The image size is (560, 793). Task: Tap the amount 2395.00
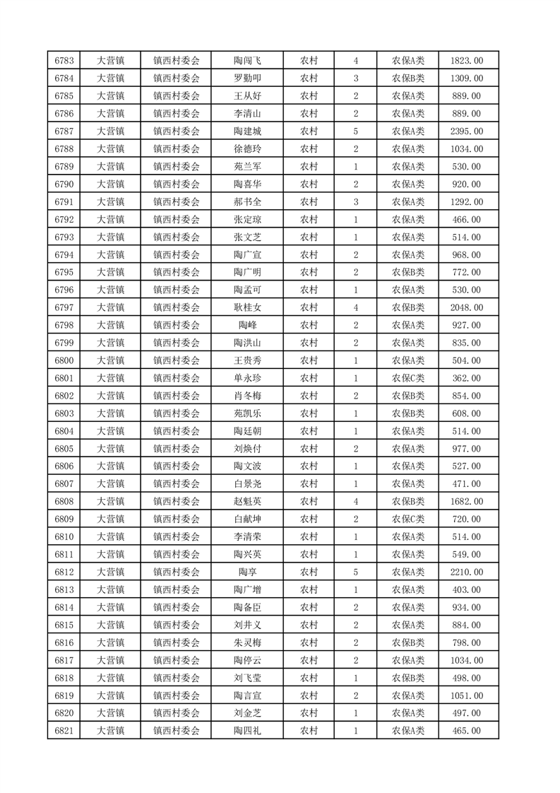pos(467,131)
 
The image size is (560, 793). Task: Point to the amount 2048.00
pos(467,307)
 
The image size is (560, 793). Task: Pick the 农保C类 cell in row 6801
pos(407,378)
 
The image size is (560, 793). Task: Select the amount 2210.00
pos(467,572)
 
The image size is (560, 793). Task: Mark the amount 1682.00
pos(467,501)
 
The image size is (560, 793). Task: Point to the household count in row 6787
pos(355,131)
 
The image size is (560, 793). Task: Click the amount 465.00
pos(467,731)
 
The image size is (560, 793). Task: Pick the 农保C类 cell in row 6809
pos(407,519)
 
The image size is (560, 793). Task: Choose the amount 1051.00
pos(467,695)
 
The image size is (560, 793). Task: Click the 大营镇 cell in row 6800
pos(110,360)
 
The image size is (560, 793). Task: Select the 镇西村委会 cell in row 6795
pos(177,272)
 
